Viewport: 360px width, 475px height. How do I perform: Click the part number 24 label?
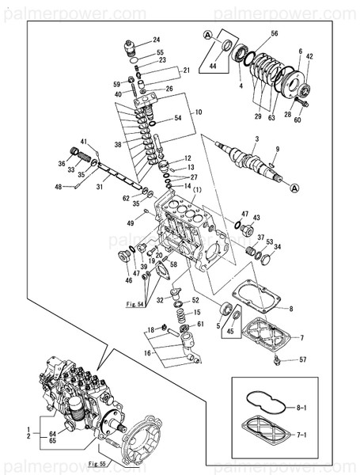(x=156, y=40)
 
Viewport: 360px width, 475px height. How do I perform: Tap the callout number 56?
(x=274, y=33)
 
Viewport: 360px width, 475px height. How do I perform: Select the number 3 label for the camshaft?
(x=256, y=139)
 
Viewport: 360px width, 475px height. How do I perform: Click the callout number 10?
(x=199, y=112)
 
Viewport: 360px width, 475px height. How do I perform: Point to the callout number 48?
(x=57, y=188)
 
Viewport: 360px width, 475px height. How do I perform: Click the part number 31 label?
(x=100, y=188)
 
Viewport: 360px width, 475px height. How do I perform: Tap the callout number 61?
(x=200, y=325)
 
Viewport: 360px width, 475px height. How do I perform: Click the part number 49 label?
(x=131, y=223)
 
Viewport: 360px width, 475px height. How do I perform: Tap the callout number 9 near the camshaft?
(x=278, y=149)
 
